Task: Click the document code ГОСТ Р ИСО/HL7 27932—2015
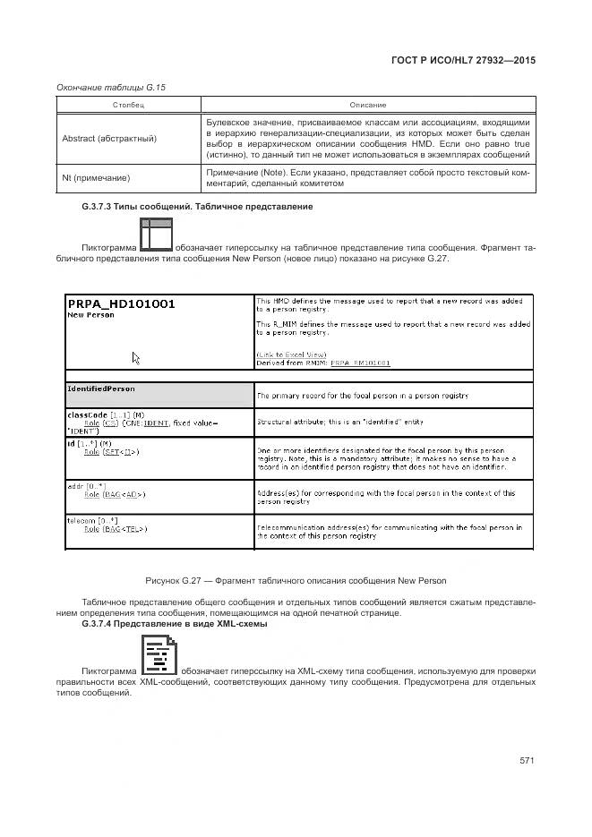click(464, 60)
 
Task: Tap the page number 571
click(527, 760)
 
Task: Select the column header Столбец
click(128, 105)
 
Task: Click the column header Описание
click(368, 105)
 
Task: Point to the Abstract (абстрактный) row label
click(109, 139)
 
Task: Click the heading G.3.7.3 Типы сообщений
click(197, 207)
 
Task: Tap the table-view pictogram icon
click(156, 235)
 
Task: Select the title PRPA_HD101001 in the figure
click(122, 303)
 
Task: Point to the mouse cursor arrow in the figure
click(136, 358)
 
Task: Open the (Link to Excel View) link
click(291, 355)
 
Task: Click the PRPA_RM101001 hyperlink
click(361, 363)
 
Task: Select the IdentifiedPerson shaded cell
click(159, 395)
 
